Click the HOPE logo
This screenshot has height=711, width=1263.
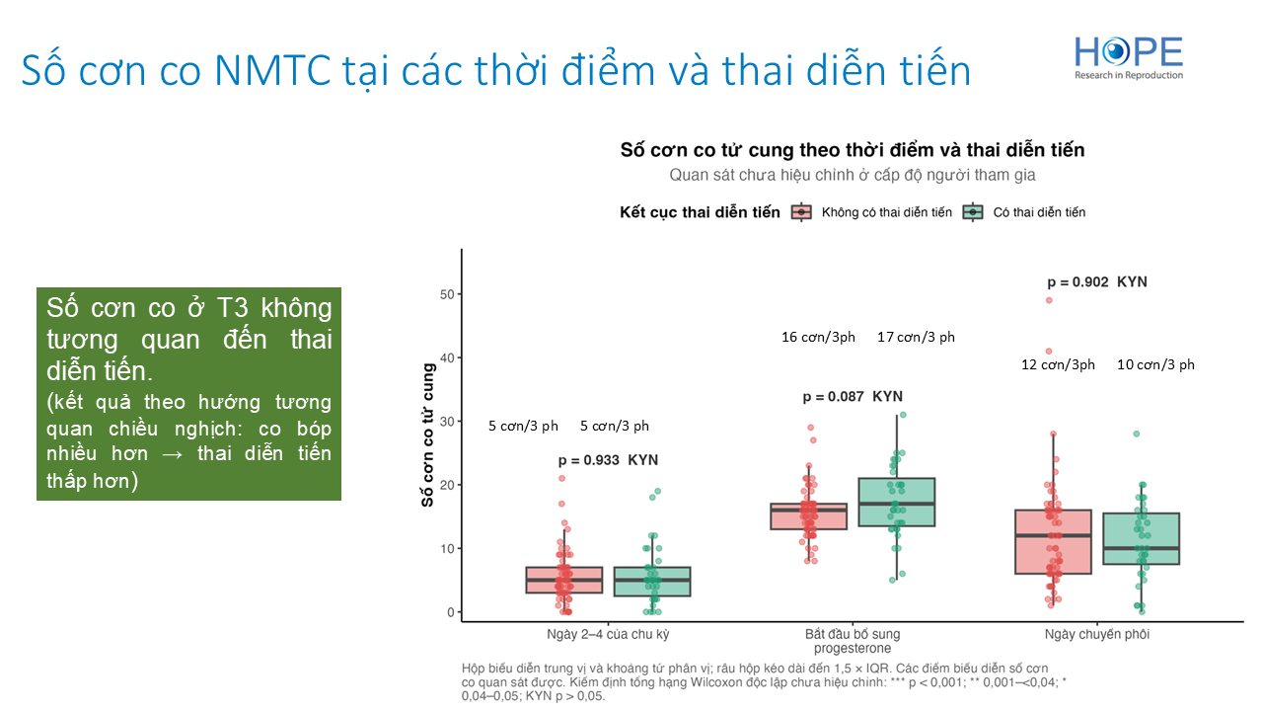[x=1128, y=57]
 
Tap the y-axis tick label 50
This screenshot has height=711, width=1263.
[x=447, y=294]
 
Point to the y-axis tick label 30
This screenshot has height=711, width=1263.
[x=447, y=422]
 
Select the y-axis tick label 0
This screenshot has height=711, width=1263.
[x=451, y=612]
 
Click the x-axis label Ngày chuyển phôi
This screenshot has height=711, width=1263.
[x=1096, y=634]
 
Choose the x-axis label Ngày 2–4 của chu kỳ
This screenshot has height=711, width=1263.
[x=608, y=634]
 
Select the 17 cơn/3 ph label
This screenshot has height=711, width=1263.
[x=916, y=337]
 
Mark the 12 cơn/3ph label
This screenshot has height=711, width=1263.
[x=1058, y=364]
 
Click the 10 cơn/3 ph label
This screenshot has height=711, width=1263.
[x=1155, y=364]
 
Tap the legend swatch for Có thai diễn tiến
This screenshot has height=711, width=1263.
[x=973, y=212]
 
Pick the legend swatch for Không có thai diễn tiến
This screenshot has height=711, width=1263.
[x=801, y=212]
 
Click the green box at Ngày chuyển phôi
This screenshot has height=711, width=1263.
[x=1141, y=538]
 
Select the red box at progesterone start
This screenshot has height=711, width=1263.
[x=808, y=516]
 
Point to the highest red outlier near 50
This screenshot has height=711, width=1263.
[x=1049, y=300]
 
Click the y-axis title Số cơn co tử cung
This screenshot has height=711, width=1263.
[x=428, y=435]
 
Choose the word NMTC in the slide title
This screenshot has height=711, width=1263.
[x=272, y=70]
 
